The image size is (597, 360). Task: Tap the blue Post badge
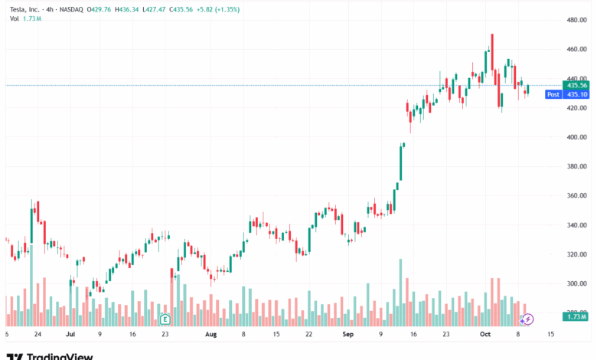pyautogui.click(x=553, y=94)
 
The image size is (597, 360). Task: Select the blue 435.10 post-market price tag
pyautogui.click(x=574, y=94)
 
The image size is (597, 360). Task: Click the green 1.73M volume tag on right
pyautogui.click(x=574, y=316)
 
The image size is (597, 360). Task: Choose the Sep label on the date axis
pyautogui.click(x=347, y=335)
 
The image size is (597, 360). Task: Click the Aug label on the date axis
pyautogui.click(x=211, y=335)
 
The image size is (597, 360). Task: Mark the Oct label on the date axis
pyautogui.click(x=484, y=335)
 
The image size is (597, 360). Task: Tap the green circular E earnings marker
pyautogui.click(x=164, y=318)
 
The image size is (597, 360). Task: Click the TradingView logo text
pyautogui.click(x=60, y=355)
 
